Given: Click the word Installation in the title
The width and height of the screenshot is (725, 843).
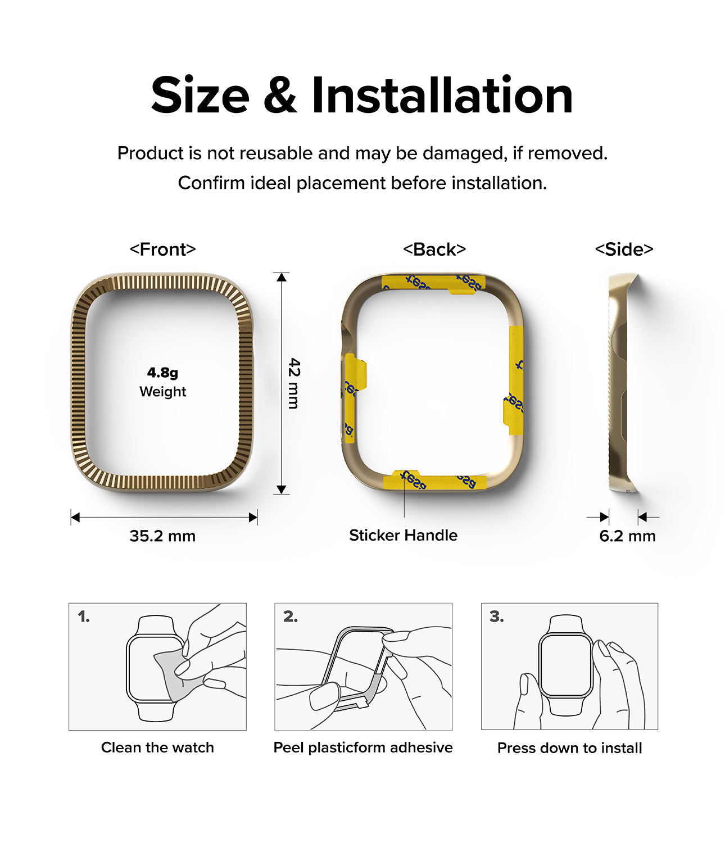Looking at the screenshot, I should coord(442,96).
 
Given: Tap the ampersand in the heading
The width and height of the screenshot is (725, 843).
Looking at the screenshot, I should coord(279,96).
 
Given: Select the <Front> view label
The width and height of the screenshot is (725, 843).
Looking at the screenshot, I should coord(162,249).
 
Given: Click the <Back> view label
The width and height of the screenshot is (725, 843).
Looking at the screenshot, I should coord(434,249).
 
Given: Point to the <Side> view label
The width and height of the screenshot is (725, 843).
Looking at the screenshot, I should coord(624,249).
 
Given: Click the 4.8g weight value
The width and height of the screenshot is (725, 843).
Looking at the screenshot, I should coord(162,373).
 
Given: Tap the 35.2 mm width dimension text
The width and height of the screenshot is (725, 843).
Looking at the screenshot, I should coord(162,536).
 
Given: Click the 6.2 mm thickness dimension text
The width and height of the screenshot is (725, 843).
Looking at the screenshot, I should coord(627,536).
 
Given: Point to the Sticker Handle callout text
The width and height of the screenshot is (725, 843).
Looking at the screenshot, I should coord(403,535).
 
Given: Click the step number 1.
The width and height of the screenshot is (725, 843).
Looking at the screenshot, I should coord(84,617).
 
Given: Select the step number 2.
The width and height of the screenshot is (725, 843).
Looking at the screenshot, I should coord(290,617).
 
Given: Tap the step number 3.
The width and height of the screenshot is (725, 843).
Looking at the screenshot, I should coord(496,617).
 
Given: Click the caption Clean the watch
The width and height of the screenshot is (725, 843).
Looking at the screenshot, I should coord(157,747).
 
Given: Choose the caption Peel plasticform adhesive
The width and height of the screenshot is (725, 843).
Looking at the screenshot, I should coord(363,747).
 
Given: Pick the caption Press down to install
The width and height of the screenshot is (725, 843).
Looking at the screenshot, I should coord(569,748).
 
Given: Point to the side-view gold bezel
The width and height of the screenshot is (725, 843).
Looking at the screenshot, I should coord(619,382).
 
